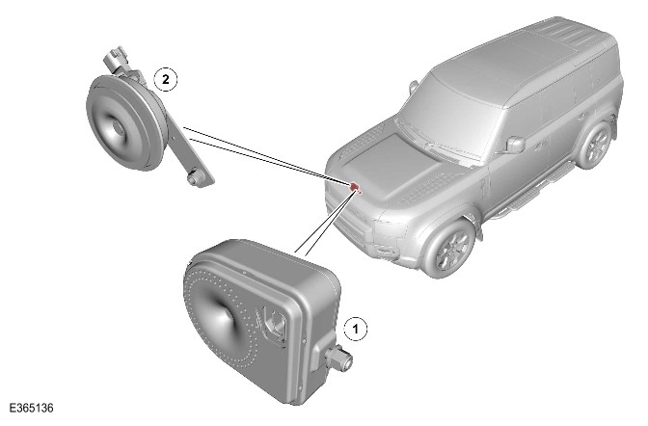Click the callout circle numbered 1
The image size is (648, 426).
(356, 330)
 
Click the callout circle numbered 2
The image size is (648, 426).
(166, 79)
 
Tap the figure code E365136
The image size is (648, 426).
(32, 409)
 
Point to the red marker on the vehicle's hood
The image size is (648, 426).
(355, 187)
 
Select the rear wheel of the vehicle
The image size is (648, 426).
(596, 145)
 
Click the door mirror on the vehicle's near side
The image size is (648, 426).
(515, 145)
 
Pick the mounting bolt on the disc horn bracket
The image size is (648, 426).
(194, 178)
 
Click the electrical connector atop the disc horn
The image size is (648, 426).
(116, 59)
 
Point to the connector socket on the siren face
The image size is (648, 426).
(273, 323)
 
